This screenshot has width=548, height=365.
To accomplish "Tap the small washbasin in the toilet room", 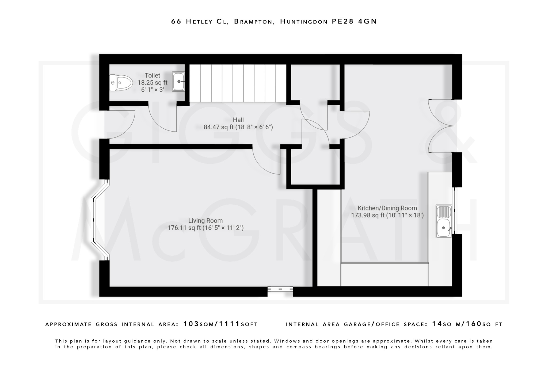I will tap(178, 82).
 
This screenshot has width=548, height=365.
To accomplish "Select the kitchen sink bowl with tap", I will tap(443, 228).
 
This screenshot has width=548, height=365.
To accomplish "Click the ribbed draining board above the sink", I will tap(444, 212).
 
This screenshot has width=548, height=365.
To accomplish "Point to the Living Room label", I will tap(205, 221).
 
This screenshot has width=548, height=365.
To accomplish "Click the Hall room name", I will tap(238, 120).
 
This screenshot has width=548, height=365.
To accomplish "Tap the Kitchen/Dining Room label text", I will tap(387, 208).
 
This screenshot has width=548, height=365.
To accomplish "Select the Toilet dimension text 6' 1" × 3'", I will tap(152, 90).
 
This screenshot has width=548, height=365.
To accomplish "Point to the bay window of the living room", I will tap(96, 220).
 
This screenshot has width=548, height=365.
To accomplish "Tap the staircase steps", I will tap(238, 83).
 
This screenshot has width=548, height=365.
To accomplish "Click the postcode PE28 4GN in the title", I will tap(354, 21).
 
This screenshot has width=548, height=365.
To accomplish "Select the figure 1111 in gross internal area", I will tap(229, 324).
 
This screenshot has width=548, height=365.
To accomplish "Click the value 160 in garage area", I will tap(474, 324).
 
